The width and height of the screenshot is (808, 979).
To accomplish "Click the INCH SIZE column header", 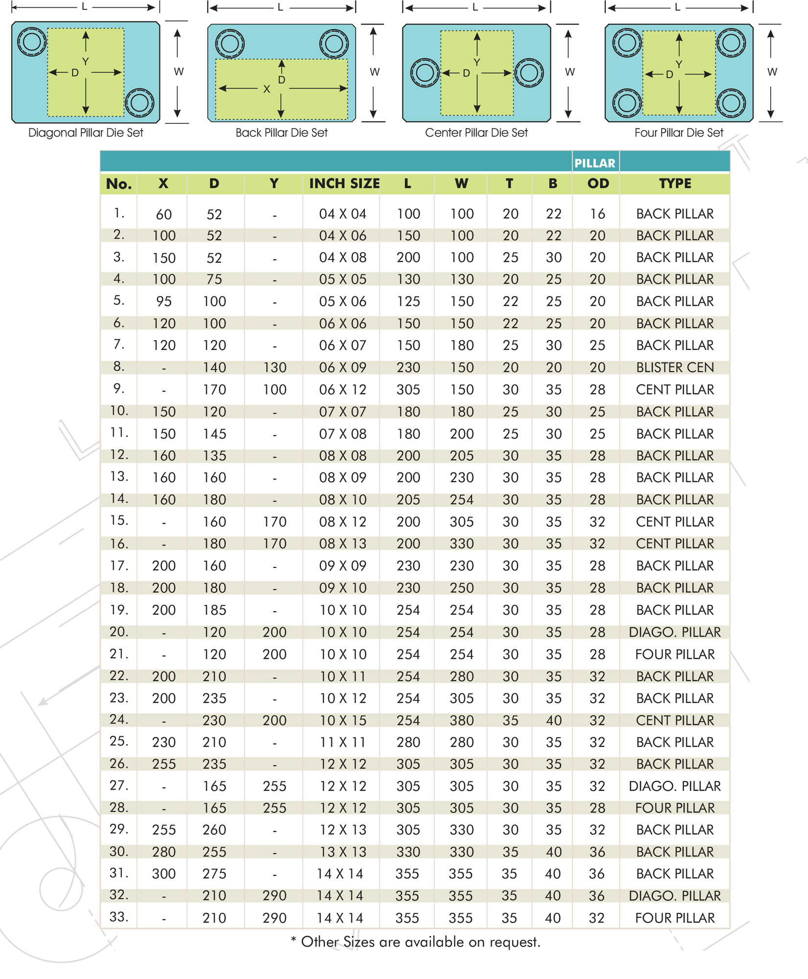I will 344,184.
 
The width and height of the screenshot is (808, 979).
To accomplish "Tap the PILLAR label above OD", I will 594,163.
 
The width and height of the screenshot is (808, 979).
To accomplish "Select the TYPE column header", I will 675,184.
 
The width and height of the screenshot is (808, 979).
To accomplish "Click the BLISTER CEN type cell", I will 675,368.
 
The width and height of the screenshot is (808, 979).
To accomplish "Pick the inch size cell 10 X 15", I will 343,721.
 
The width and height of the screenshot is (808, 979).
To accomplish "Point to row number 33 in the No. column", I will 119,917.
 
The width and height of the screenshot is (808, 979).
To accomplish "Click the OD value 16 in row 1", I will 597,214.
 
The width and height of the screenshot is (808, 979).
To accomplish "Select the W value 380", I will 461,721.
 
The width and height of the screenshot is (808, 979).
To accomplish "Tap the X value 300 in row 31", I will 164,874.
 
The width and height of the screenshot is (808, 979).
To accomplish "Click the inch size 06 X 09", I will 343,368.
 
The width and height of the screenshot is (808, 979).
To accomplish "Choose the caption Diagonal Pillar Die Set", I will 86,133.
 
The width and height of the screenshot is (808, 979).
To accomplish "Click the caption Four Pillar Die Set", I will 679,133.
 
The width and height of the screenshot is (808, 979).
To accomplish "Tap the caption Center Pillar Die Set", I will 476,133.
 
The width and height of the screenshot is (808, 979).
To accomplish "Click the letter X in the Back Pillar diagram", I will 266,90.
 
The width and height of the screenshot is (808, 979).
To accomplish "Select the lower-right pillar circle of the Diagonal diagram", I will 140,103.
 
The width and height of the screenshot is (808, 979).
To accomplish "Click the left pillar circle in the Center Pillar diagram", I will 425,73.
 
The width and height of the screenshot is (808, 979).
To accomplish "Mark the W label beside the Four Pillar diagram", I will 772,72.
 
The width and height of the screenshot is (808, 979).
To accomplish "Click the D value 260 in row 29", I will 214,830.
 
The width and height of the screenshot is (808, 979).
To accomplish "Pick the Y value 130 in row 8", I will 274,368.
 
